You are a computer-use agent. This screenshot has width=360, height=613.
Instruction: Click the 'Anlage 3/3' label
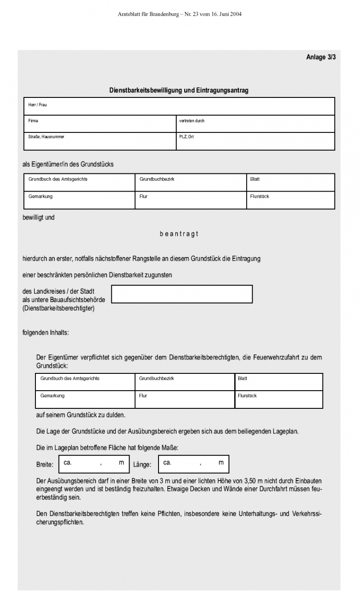(321, 57)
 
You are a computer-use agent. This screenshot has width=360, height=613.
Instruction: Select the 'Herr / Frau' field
(179, 106)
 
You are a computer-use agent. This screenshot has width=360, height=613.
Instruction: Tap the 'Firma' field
(100, 124)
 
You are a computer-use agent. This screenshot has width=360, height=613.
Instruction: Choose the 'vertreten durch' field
(255, 124)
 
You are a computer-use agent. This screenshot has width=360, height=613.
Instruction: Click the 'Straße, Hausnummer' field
(100, 141)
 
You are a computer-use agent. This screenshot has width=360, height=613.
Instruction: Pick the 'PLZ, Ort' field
(255, 141)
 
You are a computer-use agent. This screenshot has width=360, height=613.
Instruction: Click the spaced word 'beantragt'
(179, 234)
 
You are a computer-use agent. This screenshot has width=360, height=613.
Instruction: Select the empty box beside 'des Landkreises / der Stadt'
(182, 294)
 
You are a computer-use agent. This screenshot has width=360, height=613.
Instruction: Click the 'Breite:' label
(45, 465)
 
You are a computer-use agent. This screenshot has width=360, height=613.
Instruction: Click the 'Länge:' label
(142, 465)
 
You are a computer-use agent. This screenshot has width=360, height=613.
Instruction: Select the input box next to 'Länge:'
(194, 464)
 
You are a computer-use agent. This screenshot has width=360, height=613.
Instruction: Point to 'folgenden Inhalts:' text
(46, 333)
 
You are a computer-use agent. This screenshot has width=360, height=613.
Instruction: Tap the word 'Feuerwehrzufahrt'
(277, 358)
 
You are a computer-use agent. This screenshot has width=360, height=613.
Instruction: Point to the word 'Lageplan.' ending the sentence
(284, 431)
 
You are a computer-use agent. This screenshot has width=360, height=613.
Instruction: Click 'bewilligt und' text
(39, 217)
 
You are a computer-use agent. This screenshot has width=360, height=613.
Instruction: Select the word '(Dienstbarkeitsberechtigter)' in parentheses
(58, 308)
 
